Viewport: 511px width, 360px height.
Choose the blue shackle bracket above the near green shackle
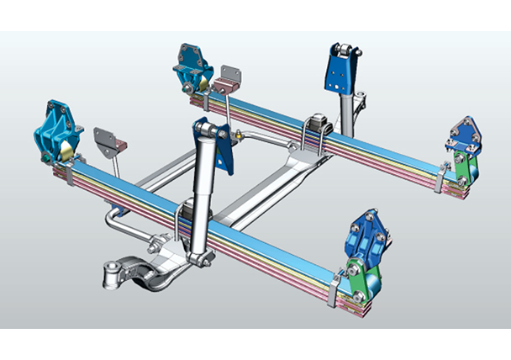366,236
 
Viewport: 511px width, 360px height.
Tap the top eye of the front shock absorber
210,129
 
